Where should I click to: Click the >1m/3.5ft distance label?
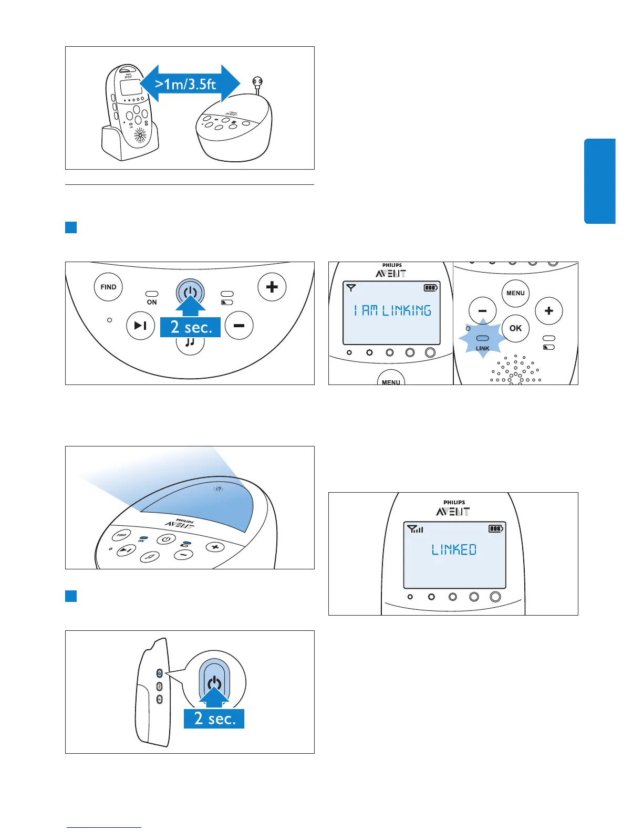tap(186, 84)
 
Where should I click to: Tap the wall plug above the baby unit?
tap(257, 82)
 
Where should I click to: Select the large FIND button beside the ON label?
tap(108, 287)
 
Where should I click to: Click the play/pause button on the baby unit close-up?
tap(141, 326)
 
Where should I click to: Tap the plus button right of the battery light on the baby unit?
tap(272, 287)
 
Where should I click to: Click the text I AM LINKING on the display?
tap(392, 310)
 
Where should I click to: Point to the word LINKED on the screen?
tap(454, 550)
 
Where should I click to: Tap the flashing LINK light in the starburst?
tap(482, 339)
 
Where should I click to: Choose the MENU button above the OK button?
tap(515, 293)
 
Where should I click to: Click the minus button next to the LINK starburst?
tap(482, 311)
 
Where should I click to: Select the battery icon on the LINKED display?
tap(495, 528)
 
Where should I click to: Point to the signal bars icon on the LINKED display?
tap(416, 529)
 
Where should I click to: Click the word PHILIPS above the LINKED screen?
tap(454, 503)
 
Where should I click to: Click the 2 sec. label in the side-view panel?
tap(214, 719)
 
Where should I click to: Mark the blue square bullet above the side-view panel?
tap(71, 596)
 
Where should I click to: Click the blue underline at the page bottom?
tap(104, 827)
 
